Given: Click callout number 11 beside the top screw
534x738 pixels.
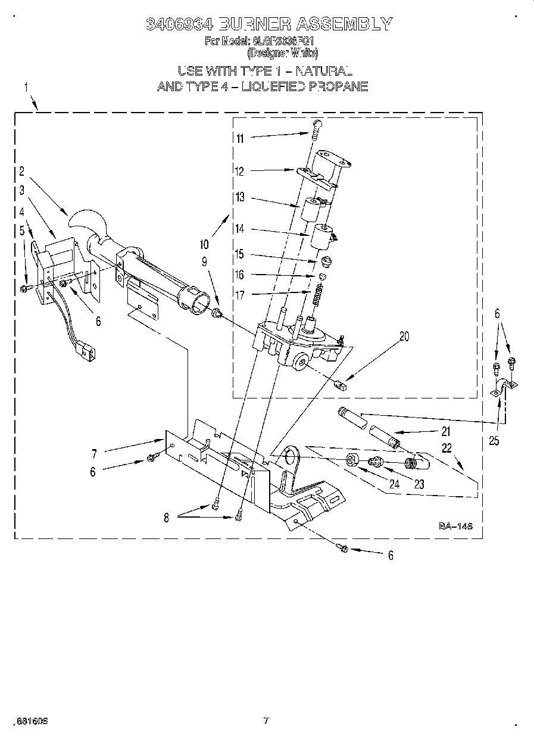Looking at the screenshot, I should pyautogui.click(x=240, y=138).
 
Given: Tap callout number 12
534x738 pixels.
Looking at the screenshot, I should pyautogui.click(x=239, y=172).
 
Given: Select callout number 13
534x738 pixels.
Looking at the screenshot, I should pyautogui.click(x=240, y=198).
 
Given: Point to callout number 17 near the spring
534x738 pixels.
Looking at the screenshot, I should pyautogui.click(x=240, y=294).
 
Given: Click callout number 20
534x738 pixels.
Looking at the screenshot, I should pyautogui.click(x=404, y=337).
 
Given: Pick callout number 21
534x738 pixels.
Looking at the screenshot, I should pyautogui.click(x=445, y=432).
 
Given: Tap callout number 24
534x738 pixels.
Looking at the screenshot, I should pyautogui.click(x=394, y=484).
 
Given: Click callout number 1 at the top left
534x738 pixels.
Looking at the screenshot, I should pyautogui.click(x=26, y=88).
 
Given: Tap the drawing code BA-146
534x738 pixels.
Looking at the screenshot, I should pyautogui.click(x=455, y=526).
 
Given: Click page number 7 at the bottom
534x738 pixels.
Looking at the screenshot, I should pyautogui.click(x=266, y=721).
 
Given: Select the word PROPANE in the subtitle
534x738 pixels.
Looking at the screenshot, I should pyautogui.click(x=338, y=86).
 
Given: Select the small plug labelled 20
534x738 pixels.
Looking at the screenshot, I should pyautogui.click(x=342, y=384).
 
